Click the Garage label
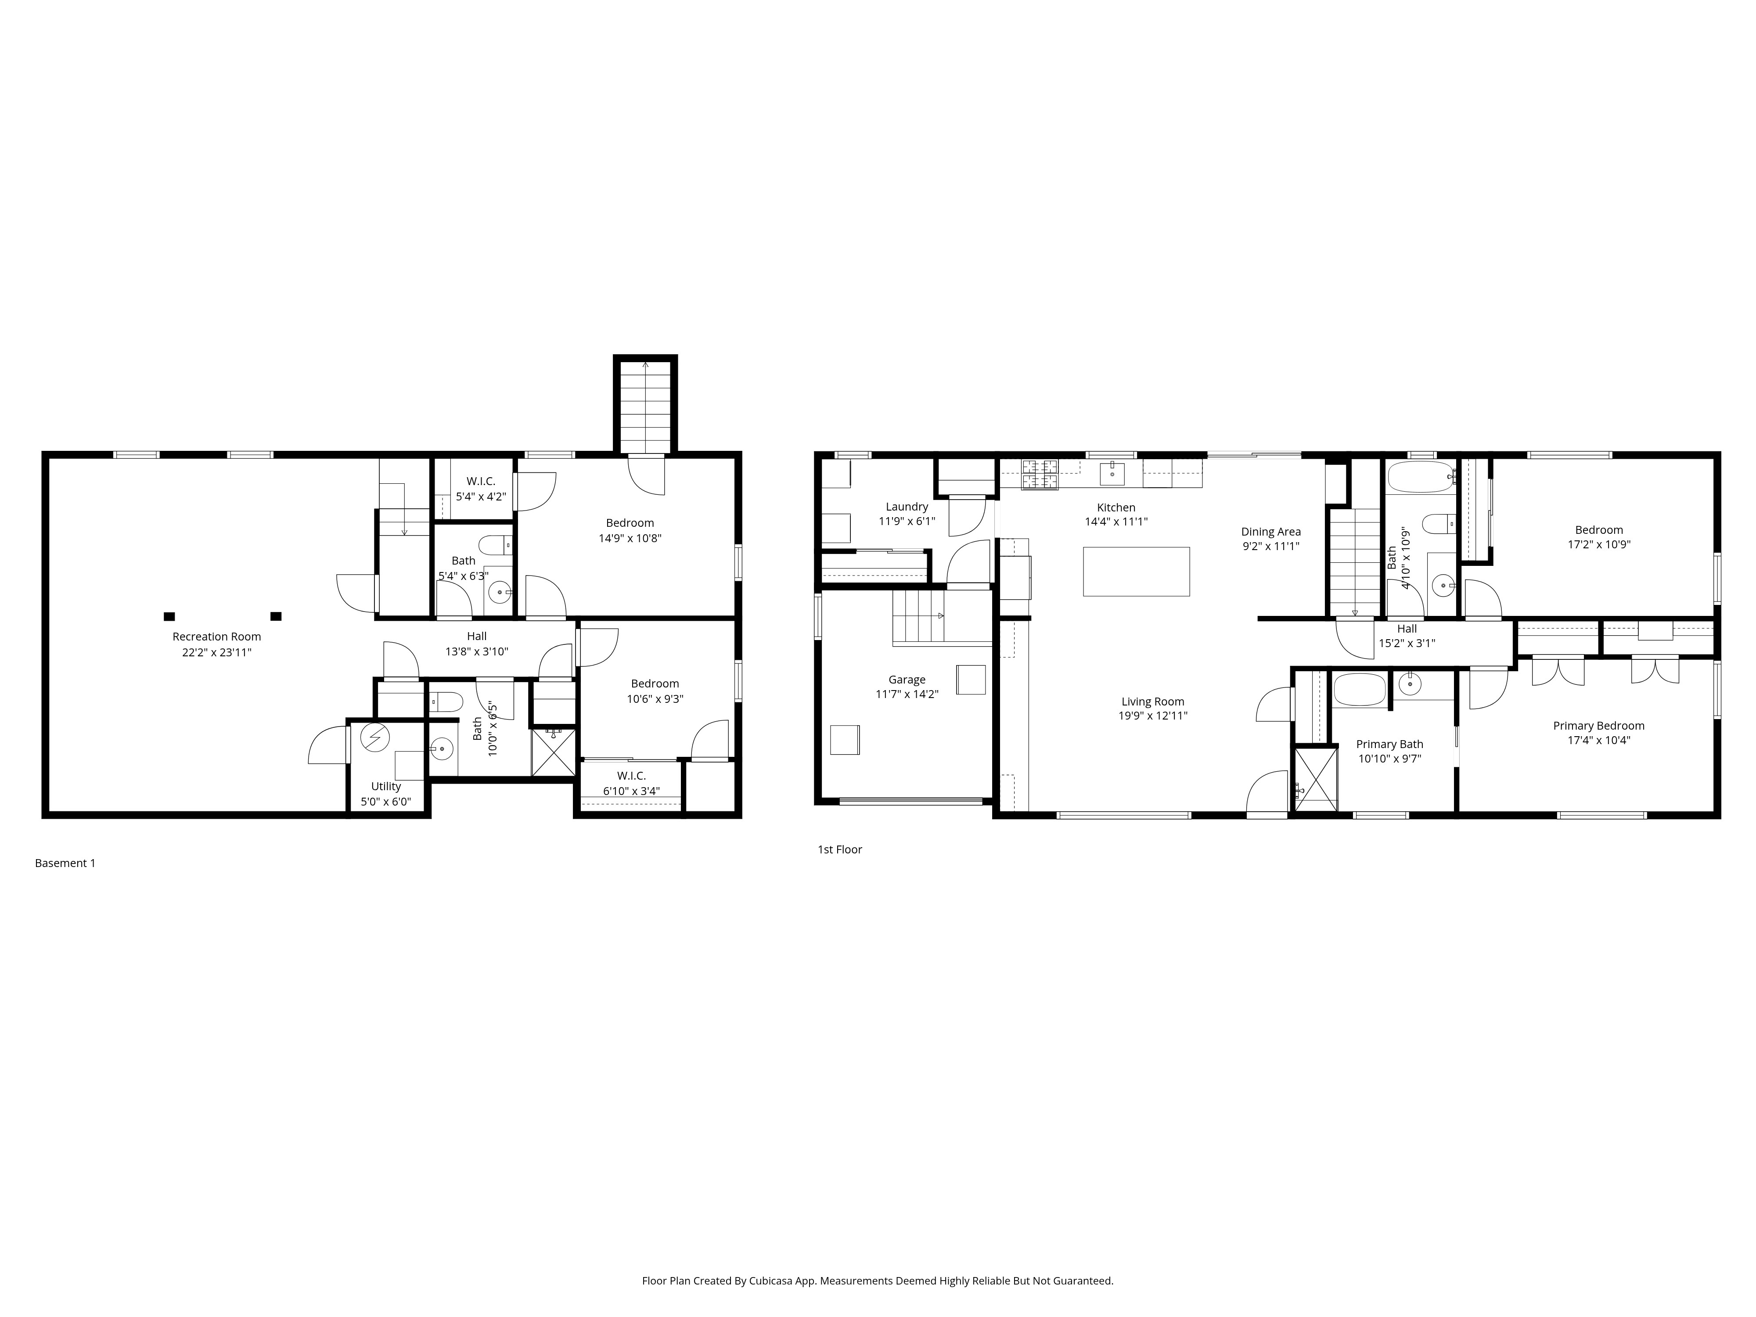point(907,680)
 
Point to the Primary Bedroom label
point(1598,726)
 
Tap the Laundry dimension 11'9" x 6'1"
point(907,522)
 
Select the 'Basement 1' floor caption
point(65,863)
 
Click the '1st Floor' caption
point(839,849)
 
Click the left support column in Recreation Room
point(169,616)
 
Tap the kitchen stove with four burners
point(1040,474)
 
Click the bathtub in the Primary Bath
point(1359,690)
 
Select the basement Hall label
point(476,636)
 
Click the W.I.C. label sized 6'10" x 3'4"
point(631,776)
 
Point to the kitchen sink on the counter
point(1112,474)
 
